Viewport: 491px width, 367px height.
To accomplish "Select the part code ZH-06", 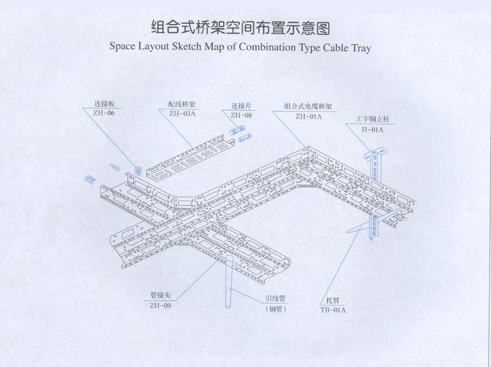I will click(104, 113).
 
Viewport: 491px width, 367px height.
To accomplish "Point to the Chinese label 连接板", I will click(104, 104).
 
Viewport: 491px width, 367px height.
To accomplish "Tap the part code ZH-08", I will click(241, 115).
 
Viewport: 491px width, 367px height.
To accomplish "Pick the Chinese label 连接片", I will click(241, 105).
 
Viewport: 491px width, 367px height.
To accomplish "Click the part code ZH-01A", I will click(308, 117).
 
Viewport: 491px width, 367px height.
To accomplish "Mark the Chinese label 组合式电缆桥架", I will click(308, 106).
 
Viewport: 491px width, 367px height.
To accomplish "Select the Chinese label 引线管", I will click(275, 299).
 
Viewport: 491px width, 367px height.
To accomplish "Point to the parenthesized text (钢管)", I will click(276, 309).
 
